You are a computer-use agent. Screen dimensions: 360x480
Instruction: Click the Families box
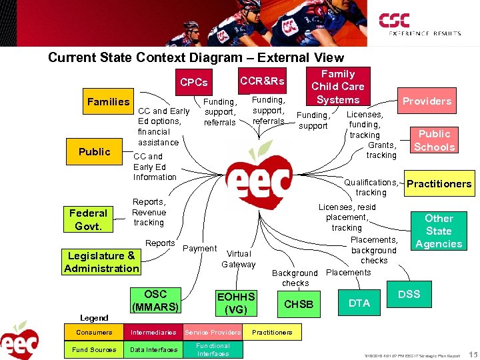point(109,102)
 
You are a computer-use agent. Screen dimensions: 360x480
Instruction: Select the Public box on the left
point(95,152)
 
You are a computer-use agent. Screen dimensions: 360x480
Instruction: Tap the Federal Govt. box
point(88,219)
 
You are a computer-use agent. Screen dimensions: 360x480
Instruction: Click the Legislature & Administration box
point(101,262)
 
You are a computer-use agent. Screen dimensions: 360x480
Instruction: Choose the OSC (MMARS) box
point(155,301)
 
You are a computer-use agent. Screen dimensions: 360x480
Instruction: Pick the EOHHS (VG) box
point(236,303)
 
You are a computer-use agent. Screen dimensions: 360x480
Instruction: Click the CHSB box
point(299,304)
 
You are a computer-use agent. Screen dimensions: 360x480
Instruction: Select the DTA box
point(359,303)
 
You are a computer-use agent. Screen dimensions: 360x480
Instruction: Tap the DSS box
point(409,294)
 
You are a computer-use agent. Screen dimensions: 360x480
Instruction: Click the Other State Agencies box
point(439,231)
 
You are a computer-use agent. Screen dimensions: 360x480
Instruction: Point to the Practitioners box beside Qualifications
point(439,184)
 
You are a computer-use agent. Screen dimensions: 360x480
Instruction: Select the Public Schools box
point(434,141)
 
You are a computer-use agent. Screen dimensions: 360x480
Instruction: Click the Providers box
point(427,101)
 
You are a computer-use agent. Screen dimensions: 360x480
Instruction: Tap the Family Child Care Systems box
point(338,87)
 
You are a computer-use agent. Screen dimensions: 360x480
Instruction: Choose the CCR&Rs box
point(262,81)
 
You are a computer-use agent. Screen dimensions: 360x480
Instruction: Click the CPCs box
point(194,83)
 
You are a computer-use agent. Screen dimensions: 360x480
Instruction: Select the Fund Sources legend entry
point(93,349)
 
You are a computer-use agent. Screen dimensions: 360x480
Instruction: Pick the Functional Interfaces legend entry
point(213,349)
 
